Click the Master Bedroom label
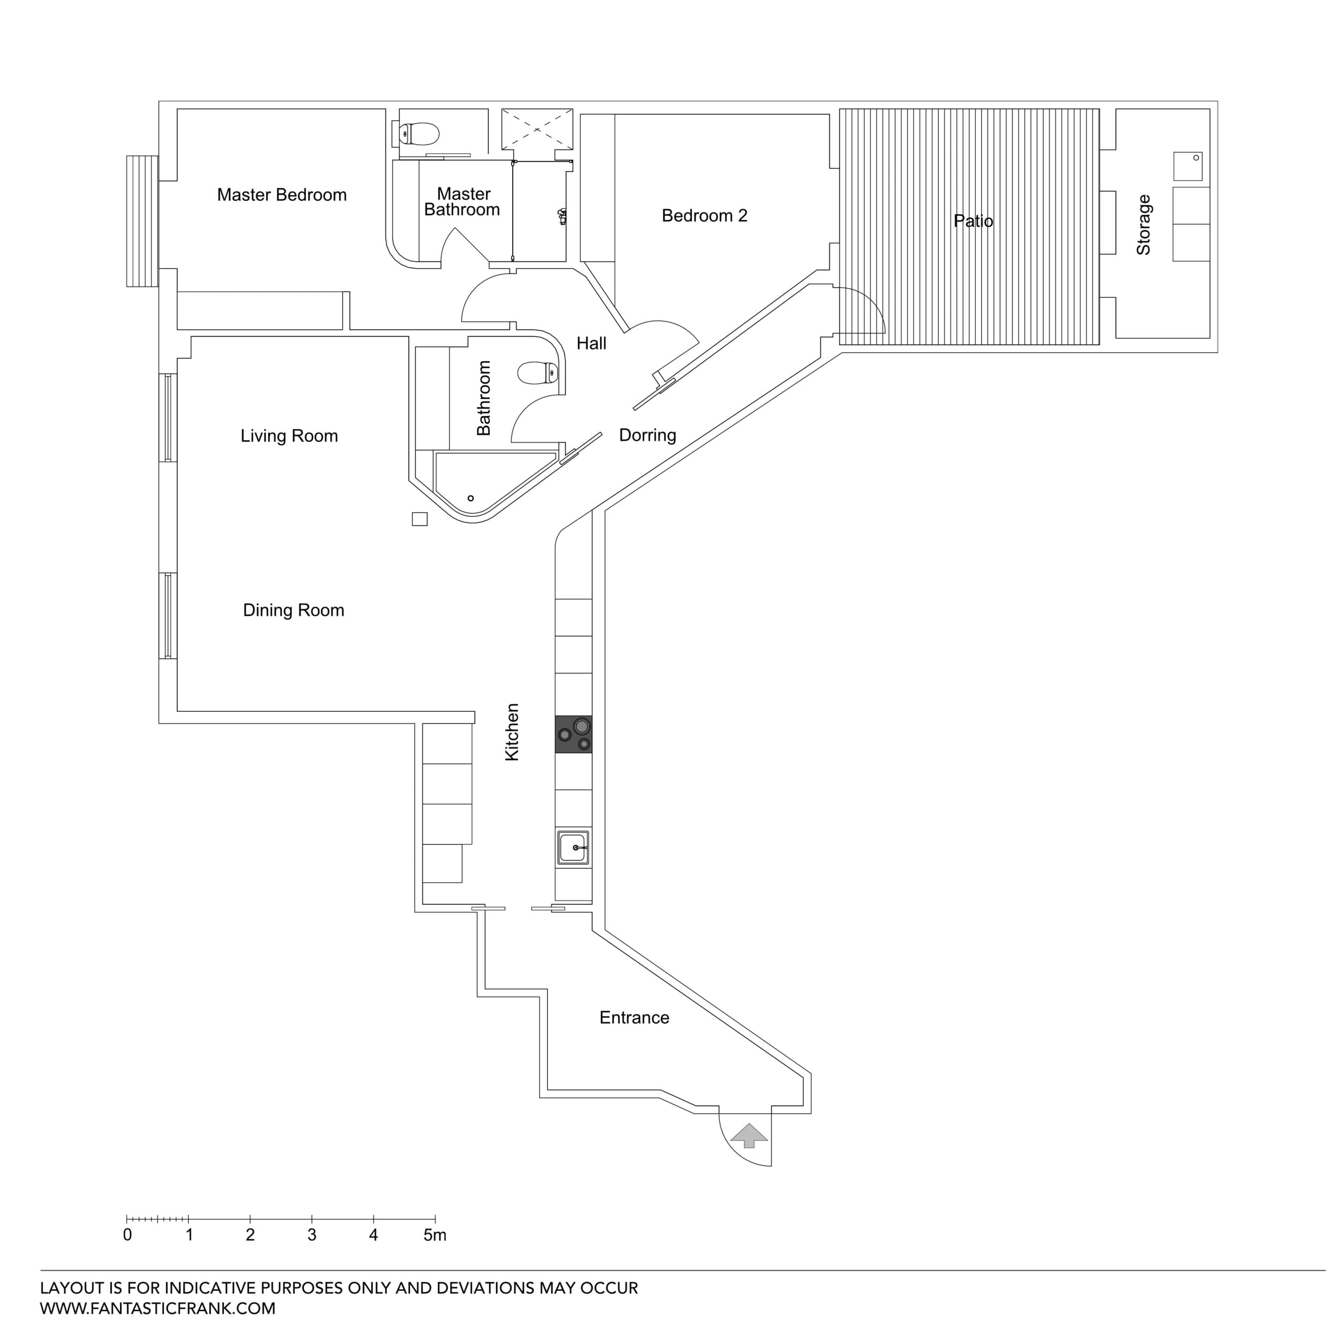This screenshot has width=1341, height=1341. [282, 195]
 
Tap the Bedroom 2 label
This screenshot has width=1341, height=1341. [704, 216]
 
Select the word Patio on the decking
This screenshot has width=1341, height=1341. [972, 222]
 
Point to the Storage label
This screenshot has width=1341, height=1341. [1143, 224]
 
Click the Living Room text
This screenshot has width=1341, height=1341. [289, 436]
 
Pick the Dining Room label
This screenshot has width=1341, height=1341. [293, 610]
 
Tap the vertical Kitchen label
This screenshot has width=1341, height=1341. [512, 732]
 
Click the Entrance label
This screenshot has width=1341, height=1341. [633, 1018]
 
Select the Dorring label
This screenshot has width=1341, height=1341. [647, 435]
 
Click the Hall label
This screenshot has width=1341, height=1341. [591, 343]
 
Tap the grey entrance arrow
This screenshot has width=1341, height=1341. [749, 1136]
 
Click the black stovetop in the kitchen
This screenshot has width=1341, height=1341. [573, 734]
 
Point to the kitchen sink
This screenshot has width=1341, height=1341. [573, 848]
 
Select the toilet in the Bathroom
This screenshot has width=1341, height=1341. [537, 373]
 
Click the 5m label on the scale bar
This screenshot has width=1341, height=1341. [434, 1235]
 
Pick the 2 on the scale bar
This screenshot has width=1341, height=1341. [250, 1235]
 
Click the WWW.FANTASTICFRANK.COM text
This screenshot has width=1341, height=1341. [158, 1308]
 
